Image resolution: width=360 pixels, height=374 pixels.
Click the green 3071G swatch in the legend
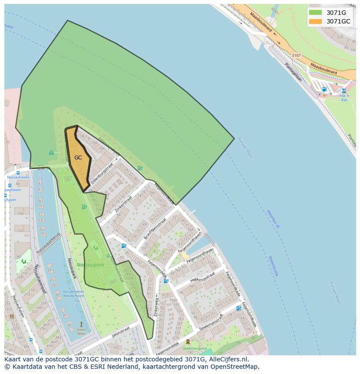click(315, 13)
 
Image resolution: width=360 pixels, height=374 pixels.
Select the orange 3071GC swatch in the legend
click(315, 21)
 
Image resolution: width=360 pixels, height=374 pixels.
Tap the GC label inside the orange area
click(78, 158)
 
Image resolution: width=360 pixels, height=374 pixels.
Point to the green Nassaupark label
click(90, 265)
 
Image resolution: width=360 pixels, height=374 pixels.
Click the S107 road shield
click(296, 56)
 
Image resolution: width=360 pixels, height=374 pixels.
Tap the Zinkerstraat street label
click(123, 203)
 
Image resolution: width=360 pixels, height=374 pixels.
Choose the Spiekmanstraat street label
click(210, 322)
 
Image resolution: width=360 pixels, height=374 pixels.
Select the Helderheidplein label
click(194, 348)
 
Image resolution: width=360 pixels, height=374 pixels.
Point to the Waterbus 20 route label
click(273, 220)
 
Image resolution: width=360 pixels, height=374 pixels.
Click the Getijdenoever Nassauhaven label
click(73, 293)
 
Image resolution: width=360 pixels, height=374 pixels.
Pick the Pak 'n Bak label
click(344, 98)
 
